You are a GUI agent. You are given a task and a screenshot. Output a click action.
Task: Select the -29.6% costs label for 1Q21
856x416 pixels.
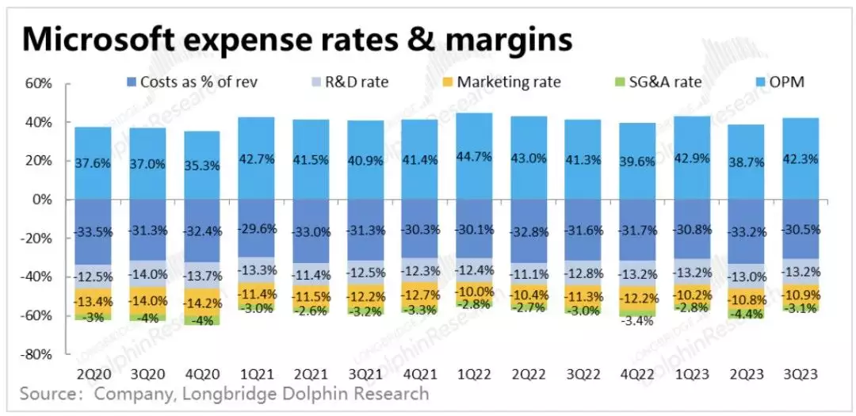(256, 231)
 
